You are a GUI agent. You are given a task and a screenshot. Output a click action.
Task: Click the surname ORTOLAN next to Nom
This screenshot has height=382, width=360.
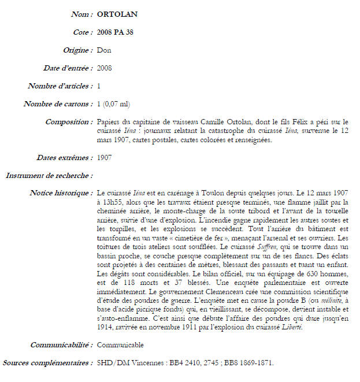tap(117, 14)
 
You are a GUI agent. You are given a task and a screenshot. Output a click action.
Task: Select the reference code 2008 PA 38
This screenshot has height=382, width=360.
tap(116, 32)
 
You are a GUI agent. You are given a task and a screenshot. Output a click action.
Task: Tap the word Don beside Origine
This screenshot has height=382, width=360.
tap(104, 50)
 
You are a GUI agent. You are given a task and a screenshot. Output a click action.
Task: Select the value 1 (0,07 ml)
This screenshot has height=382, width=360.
tap(113, 104)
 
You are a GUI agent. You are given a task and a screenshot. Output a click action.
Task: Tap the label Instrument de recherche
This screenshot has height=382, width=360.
tap(49, 175)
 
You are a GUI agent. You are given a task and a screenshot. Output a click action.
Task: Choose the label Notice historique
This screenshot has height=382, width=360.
tap(61, 192)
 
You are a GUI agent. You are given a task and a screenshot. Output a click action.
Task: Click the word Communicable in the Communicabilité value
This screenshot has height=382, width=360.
tap(120, 345)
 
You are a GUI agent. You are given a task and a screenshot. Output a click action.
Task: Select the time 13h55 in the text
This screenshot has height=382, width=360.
tap(112, 202)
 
